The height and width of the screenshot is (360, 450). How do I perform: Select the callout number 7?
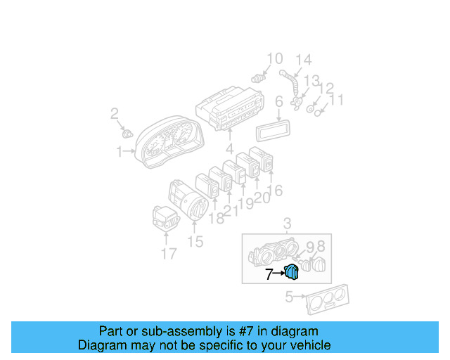click(269, 275)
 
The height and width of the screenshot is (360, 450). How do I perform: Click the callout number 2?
click(114, 113)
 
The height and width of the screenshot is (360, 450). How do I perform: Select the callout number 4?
click(229, 148)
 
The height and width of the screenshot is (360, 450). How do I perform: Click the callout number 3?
click(286, 224)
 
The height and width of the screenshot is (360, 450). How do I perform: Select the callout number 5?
click(289, 297)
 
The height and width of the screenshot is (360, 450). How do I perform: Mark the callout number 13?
click(311, 82)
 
